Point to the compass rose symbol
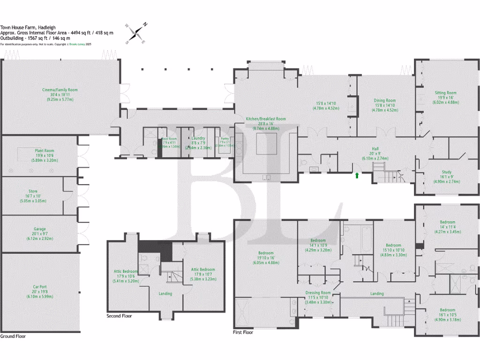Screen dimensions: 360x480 tap(137, 33)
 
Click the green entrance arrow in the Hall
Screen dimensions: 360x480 tap(358, 175)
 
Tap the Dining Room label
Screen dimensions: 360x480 tap(385, 100)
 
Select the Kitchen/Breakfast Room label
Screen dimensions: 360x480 tap(266, 119)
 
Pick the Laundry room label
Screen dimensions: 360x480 tap(199, 138)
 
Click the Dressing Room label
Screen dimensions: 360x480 tap(319, 292)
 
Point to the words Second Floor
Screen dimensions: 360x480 tap(120, 316)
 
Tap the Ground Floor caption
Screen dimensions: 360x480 tap(13, 336)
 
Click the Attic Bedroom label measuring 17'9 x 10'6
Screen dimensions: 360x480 tap(126, 271)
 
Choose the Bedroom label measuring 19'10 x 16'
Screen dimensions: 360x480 tap(266, 253)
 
